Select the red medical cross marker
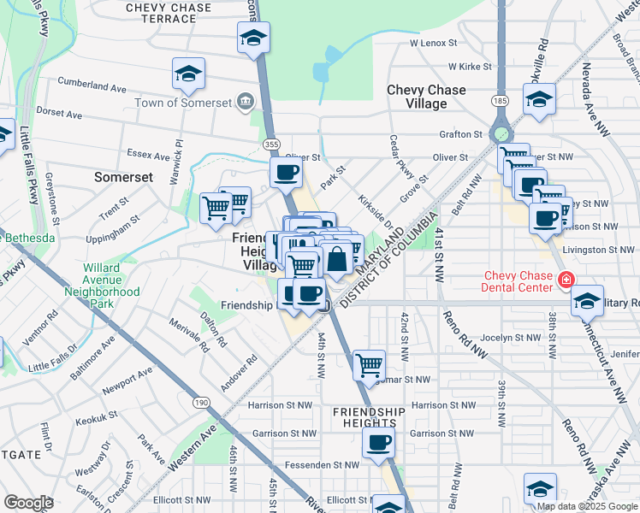click(565, 280)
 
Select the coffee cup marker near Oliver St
click(287, 173)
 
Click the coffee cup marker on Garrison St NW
click(378, 443)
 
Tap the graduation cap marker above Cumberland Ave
click(188, 74)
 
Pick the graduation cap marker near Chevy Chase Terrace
click(253, 38)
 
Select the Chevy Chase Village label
click(426, 97)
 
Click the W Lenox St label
click(434, 42)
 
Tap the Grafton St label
click(460, 134)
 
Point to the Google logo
click(28, 502)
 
